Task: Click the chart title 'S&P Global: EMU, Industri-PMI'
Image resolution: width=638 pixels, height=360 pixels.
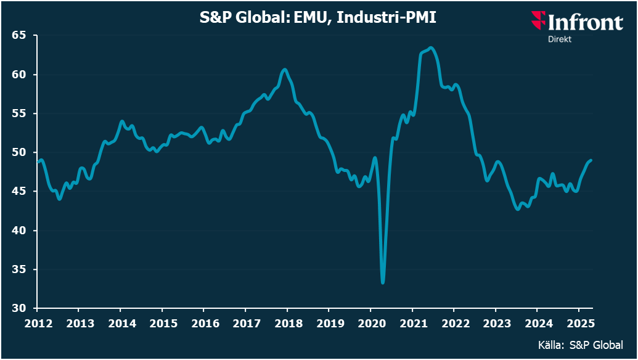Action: tap(318, 18)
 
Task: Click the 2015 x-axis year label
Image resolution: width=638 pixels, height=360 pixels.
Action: tap(163, 323)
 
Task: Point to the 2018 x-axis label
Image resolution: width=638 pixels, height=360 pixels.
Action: tap(287, 323)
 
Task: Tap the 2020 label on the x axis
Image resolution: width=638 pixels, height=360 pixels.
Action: tap(370, 323)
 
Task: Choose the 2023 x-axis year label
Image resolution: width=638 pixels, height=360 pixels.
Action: tap(495, 323)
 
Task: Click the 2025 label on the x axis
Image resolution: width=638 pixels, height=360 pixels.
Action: tap(578, 323)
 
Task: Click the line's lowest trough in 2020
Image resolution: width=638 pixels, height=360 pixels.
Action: tap(383, 282)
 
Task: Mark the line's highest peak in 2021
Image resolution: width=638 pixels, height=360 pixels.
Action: tap(430, 47)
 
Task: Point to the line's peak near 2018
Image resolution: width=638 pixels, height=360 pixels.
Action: tap(284, 69)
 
